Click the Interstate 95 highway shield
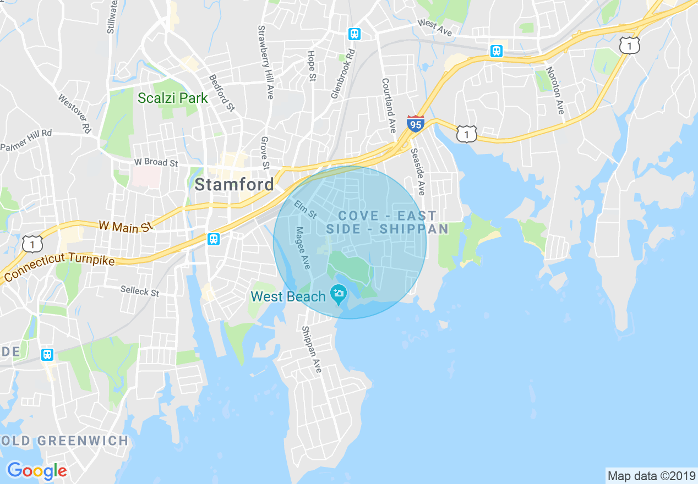coord(416,124)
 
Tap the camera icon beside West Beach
coord(337,293)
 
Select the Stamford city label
coord(234,184)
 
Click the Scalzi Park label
coord(173,98)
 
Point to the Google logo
coord(37,471)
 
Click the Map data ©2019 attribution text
coord(651,475)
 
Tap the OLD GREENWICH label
coord(64,441)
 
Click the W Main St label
coord(126,226)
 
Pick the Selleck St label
coord(140,290)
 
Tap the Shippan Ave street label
coord(310,350)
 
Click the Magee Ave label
coord(302,249)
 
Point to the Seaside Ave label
coord(417,172)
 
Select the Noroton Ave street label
coord(555,91)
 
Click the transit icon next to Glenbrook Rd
coord(355,34)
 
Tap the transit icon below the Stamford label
coord(214,239)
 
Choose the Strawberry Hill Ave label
coord(266,62)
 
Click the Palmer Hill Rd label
coord(26,140)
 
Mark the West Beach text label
coord(288,297)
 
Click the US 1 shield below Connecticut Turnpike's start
coord(32,244)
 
